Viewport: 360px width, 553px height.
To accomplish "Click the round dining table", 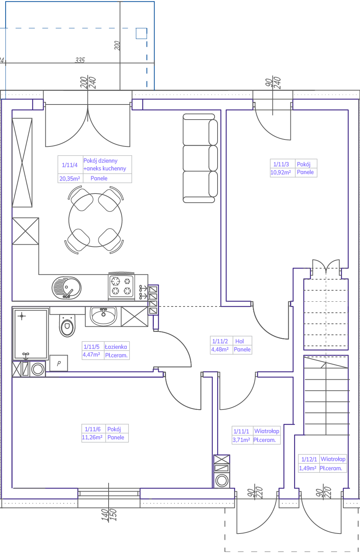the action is click(95, 220).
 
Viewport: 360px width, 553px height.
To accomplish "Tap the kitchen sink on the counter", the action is click(66, 288).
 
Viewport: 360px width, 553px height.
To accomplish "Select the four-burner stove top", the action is click(121, 286).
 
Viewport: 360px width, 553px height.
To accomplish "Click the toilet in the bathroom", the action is click(67, 326).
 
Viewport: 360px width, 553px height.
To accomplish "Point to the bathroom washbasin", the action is click(103, 316).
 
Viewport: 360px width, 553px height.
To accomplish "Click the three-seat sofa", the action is click(200, 158).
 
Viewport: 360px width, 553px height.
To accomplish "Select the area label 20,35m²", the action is click(70, 178).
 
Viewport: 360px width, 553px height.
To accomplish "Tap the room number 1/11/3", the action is click(281, 164).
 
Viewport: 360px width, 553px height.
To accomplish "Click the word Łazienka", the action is click(116, 347).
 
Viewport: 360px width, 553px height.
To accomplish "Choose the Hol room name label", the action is click(240, 341).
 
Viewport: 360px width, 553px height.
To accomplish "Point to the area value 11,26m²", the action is click(92, 437).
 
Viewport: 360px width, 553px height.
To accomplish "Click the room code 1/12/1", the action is click(309, 459).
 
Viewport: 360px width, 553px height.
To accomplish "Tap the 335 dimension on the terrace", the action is click(80, 60).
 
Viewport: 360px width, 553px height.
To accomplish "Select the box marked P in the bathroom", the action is click(59, 363).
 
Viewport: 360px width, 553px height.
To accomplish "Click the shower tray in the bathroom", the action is click(31, 334).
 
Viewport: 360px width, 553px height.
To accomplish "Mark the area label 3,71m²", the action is click(241, 440).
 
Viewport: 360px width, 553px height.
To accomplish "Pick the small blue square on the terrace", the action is click(141, 33).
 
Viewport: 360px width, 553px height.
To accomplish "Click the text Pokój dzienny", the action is click(100, 161).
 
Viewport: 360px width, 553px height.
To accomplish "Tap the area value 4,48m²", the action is click(220, 349).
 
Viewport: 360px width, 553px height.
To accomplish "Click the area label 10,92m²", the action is click(280, 172).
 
